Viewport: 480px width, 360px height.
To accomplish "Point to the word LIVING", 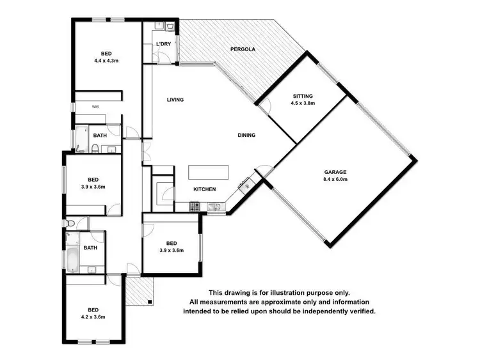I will coord(175,100).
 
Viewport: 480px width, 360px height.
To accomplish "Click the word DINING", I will coord(246,135).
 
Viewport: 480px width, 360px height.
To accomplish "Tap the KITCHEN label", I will coord(205,189).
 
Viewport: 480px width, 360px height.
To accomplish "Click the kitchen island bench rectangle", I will coord(208,173).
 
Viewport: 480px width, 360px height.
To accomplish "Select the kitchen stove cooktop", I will coord(195,206).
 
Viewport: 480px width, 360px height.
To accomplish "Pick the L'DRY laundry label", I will coord(163,43).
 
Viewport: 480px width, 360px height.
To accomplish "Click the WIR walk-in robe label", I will coord(95,107).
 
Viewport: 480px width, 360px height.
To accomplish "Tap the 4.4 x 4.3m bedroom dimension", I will coord(107,61).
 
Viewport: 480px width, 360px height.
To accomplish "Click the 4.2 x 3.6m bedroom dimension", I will coord(93,317).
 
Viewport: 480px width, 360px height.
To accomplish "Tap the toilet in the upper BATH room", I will coord(94,149).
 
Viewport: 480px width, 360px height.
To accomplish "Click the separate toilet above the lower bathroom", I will coord(70,223).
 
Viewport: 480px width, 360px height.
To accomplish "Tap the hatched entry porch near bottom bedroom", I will coord(137,291).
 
